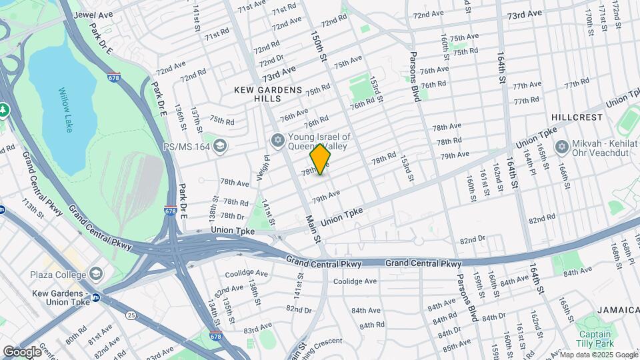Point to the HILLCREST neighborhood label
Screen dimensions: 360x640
(x=577, y=117)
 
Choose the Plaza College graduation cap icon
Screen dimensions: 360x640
(x=97, y=275)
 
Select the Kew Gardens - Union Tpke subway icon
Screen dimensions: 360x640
(x=96, y=298)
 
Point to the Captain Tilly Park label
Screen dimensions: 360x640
(x=595, y=339)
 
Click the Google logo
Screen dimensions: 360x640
(x=22, y=351)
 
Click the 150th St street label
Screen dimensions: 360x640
(x=317, y=46)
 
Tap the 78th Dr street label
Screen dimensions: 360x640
(x=233, y=216)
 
